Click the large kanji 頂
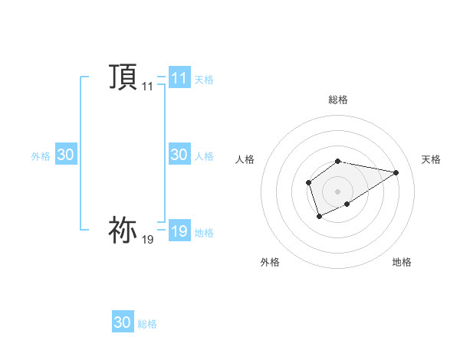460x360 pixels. click(x=123, y=77)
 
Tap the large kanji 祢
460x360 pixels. click(x=123, y=230)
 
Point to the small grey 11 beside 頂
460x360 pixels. click(x=147, y=87)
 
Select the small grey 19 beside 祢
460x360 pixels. click(x=147, y=241)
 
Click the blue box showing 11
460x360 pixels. click(x=179, y=77)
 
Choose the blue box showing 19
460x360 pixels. click(x=179, y=231)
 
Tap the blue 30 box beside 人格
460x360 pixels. click(x=179, y=155)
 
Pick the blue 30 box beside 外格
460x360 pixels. click(x=65, y=155)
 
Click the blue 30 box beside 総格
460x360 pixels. click(x=123, y=322)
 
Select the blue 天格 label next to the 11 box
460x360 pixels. click(x=204, y=79)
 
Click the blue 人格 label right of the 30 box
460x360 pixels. click(x=204, y=156)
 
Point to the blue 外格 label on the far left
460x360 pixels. click(x=41, y=156)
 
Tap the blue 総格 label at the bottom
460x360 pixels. click(x=147, y=324)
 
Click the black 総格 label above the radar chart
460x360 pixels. click(x=338, y=100)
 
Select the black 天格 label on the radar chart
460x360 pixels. click(x=431, y=159)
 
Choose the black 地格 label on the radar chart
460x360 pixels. click(x=402, y=262)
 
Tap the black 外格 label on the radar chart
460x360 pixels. click(x=270, y=262)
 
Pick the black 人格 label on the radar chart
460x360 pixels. click(x=245, y=159)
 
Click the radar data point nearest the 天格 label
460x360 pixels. click(x=396, y=172)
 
